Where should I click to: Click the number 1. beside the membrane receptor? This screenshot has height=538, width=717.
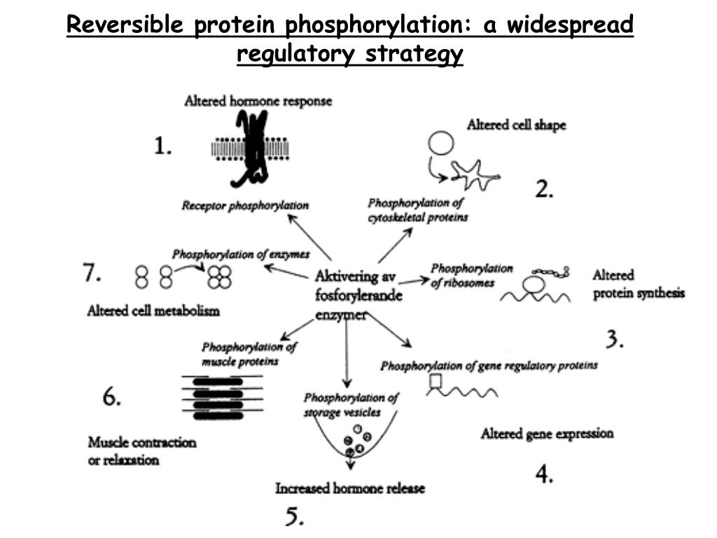point(162,146)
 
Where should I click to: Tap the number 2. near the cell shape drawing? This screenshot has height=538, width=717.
point(545,189)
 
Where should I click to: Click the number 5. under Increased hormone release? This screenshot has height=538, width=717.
point(295,517)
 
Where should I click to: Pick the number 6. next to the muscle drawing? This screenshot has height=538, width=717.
point(112,397)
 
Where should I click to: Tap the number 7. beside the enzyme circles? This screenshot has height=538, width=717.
point(92,273)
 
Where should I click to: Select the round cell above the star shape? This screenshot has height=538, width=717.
point(440,144)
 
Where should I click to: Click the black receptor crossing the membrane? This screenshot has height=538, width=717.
point(251,149)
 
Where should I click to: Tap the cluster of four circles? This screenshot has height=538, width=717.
point(219,277)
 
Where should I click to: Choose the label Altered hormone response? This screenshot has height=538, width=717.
point(258,102)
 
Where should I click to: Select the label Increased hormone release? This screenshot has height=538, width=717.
point(349,488)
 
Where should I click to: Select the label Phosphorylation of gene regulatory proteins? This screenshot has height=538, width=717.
point(489,366)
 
